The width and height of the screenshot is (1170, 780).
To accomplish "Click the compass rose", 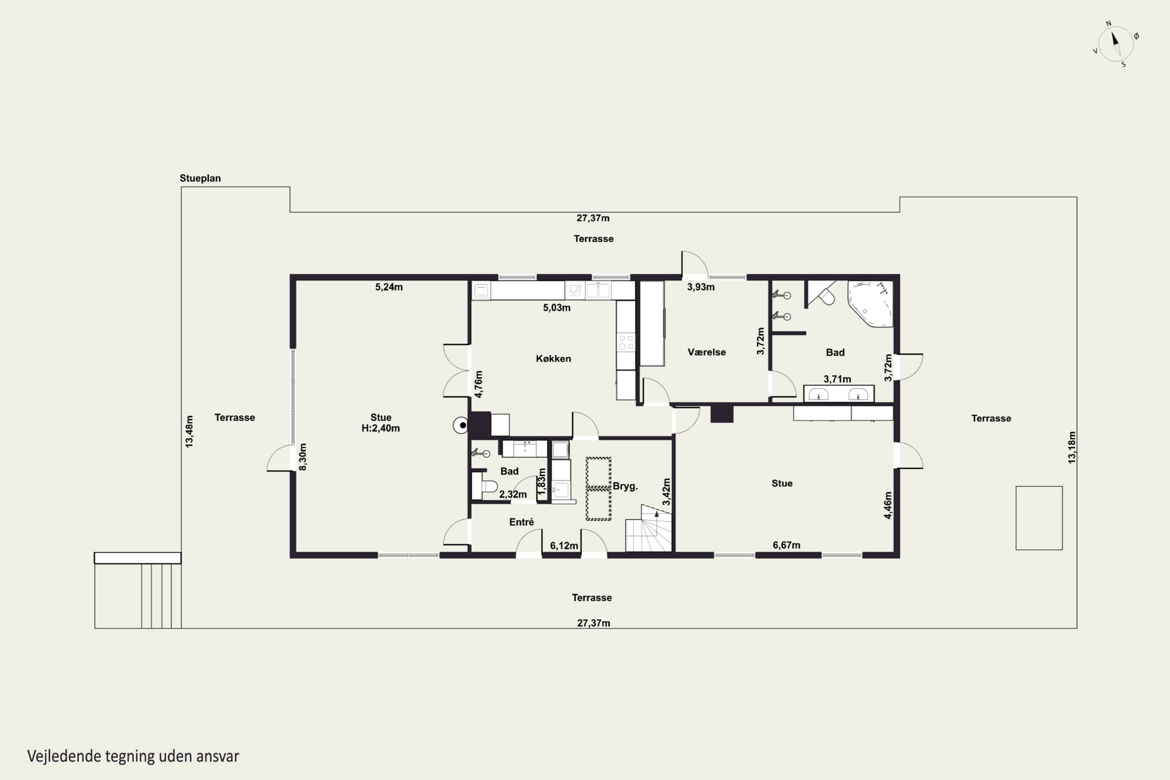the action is (1116, 44).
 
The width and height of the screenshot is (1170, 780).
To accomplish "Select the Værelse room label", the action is (706, 352).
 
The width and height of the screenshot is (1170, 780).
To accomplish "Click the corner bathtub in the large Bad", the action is (870, 303).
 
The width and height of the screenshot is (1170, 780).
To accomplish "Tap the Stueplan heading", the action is (200, 178).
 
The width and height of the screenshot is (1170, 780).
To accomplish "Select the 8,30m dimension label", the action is (303, 457).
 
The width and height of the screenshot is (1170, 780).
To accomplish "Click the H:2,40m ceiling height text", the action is (381, 428).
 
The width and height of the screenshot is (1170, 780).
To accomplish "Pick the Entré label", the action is (521, 522).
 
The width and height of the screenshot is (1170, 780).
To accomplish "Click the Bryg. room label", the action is (625, 486).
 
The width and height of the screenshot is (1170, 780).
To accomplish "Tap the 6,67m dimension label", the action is (787, 545).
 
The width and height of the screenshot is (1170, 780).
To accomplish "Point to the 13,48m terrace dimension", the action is (189, 431).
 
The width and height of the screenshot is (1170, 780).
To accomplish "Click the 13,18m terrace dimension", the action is (1071, 447).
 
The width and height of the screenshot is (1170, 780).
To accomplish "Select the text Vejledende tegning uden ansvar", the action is (133, 757).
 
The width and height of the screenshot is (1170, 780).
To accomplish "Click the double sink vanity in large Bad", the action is (839, 394).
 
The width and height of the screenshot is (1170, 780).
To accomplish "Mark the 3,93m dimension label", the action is (701, 287).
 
